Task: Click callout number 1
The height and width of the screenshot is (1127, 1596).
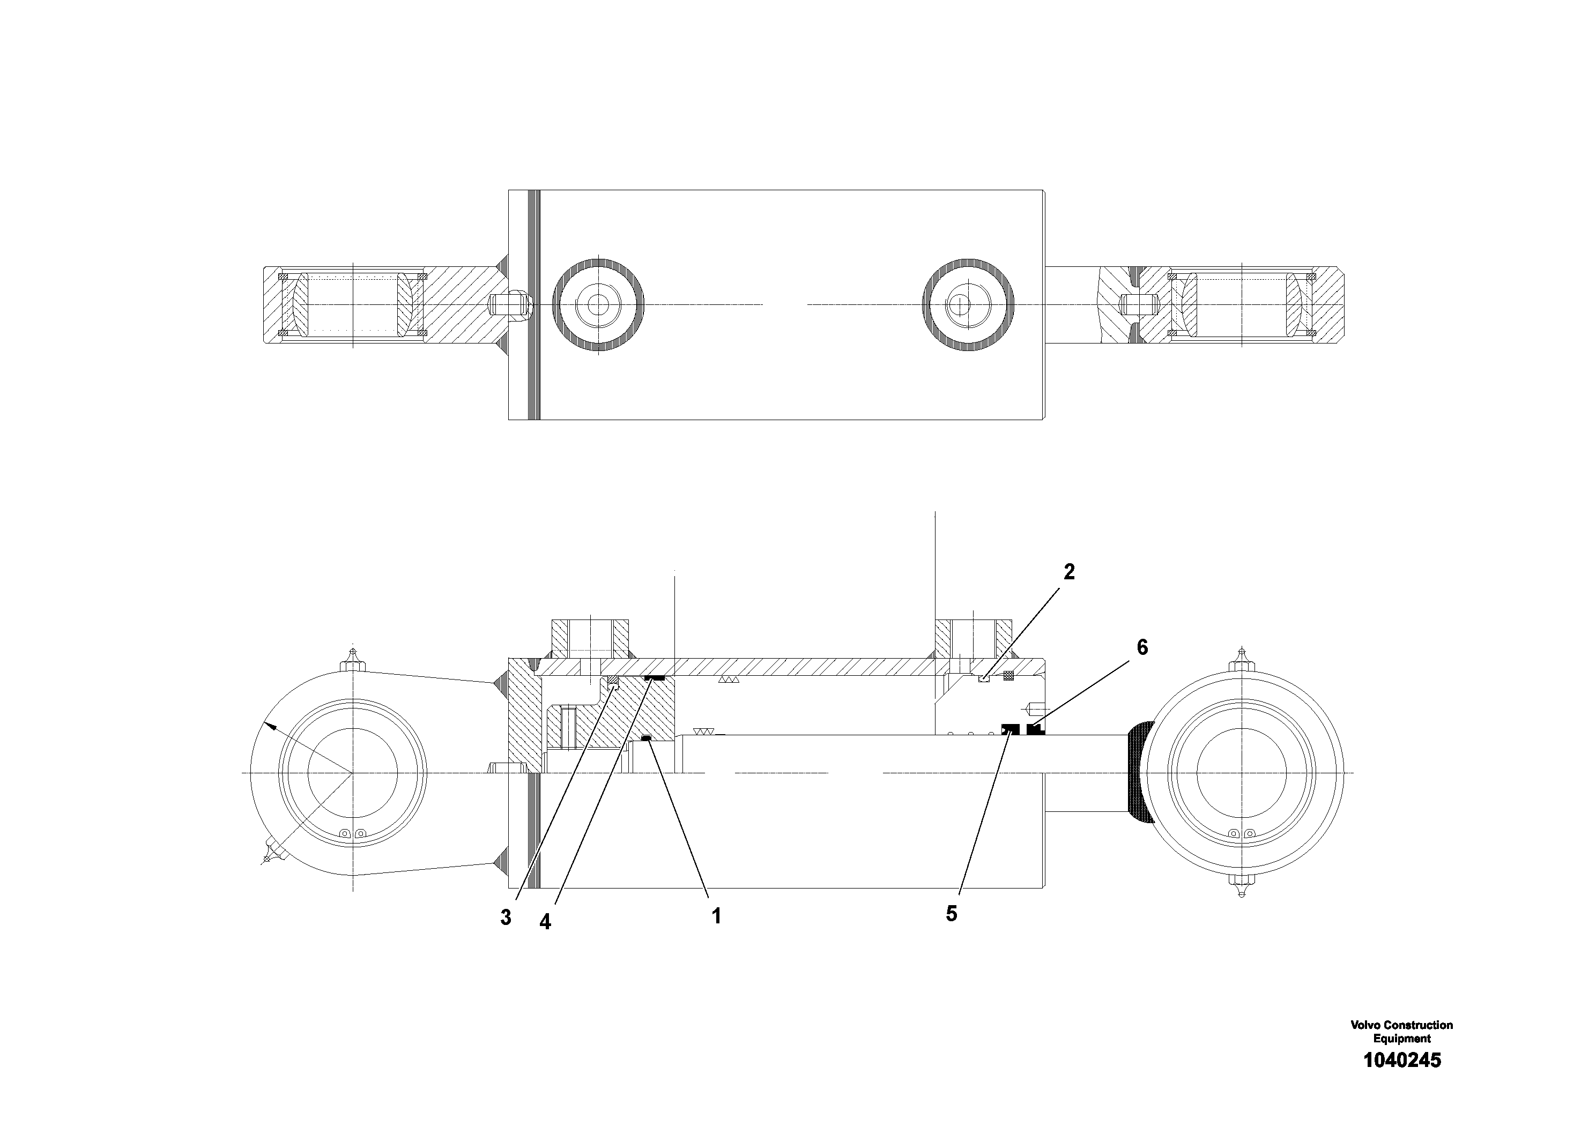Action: [716, 916]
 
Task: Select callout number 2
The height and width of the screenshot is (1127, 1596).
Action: [1069, 572]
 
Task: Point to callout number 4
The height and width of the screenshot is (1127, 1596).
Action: [545, 922]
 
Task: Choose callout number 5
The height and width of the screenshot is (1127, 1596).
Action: [952, 914]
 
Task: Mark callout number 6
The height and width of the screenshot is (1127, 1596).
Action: [1142, 647]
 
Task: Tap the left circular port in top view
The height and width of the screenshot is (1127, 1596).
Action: [598, 304]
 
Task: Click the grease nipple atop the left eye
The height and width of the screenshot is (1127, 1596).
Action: [354, 659]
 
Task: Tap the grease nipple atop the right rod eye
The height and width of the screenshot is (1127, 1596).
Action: [1242, 658]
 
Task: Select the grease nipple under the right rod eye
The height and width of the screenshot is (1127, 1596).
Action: [1242, 887]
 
